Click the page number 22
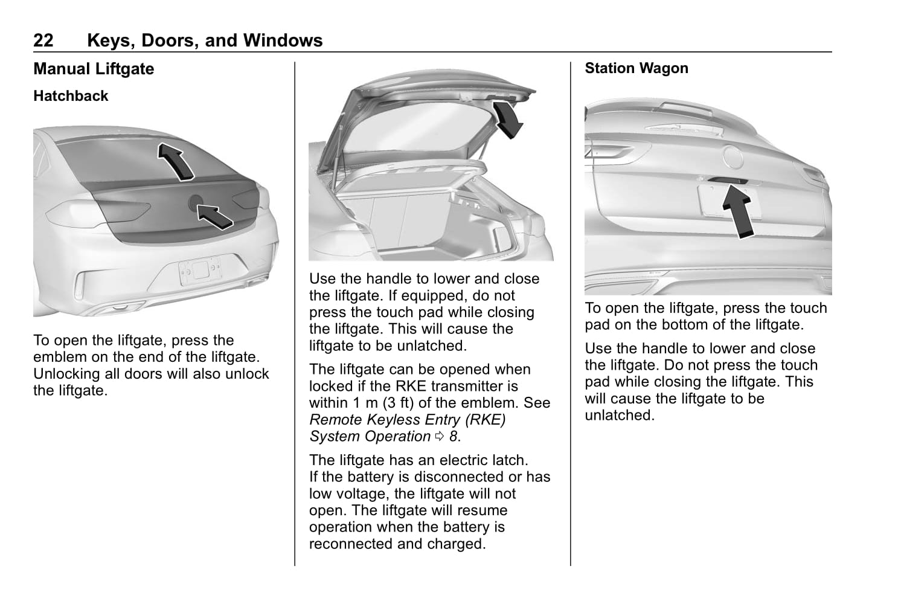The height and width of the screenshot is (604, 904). [x=43, y=40]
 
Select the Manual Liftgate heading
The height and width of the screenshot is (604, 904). [x=94, y=69]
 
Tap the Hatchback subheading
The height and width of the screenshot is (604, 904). [x=71, y=96]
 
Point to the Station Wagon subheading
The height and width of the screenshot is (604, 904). [x=636, y=68]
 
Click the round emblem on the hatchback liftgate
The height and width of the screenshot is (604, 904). [x=196, y=203]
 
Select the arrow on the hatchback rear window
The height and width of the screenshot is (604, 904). [x=176, y=161]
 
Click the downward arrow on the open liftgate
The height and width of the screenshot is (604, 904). [x=507, y=120]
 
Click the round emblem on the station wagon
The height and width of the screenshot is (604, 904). [x=734, y=156]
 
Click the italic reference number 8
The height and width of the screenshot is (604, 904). [x=453, y=437]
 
